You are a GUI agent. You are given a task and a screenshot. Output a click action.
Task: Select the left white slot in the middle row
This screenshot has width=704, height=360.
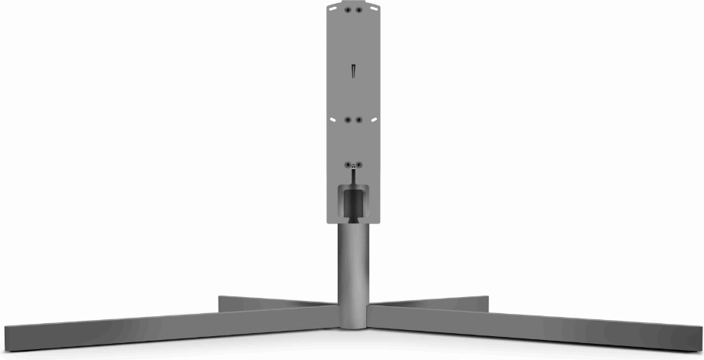click(x=332, y=121)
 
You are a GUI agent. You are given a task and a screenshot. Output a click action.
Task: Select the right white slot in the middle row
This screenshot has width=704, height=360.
click(x=373, y=121)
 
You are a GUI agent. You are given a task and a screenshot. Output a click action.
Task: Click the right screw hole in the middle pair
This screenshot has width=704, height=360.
click(x=358, y=120)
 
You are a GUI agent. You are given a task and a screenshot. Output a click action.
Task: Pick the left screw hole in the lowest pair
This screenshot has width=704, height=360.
click(x=348, y=164)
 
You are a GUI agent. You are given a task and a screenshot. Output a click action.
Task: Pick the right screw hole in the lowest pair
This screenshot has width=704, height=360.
click(x=358, y=164)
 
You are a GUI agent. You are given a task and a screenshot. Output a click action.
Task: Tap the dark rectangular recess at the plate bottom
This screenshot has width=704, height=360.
click(x=352, y=203)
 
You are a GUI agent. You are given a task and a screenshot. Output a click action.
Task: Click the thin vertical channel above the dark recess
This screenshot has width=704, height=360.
click(x=352, y=176)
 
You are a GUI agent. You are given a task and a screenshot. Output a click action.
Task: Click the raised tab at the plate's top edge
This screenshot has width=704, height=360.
click(x=352, y=3)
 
